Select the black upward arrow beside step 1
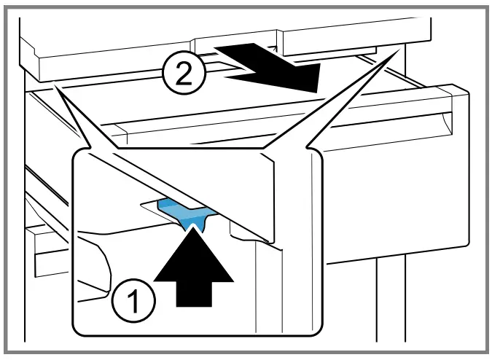(x=195, y=266)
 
